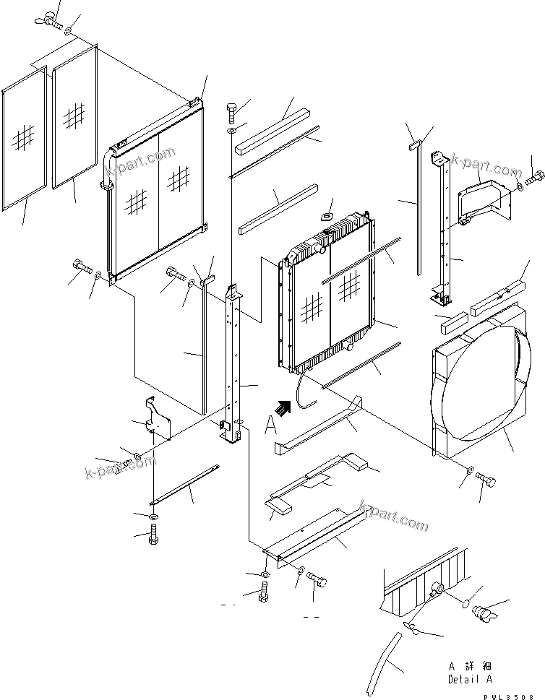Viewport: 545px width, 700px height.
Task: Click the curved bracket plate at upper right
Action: (x=480, y=199)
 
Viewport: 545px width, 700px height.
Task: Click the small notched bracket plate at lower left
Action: (x=158, y=420)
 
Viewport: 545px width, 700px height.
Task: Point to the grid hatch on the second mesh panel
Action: (x=74, y=114)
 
